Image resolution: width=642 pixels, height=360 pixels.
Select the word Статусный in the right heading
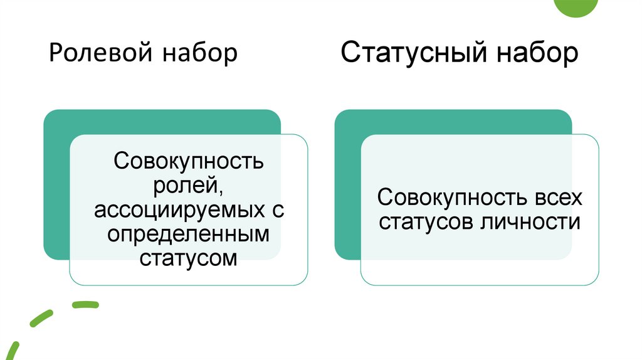click(414, 53)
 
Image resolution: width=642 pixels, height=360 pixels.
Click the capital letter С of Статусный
click(350, 53)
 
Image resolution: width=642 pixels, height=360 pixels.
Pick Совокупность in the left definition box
click(189, 161)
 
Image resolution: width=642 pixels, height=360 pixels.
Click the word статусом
click(189, 258)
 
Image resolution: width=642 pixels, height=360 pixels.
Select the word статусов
click(426, 222)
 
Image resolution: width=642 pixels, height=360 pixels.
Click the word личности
click(529, 222)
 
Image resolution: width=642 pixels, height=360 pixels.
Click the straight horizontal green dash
click(85, 305)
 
